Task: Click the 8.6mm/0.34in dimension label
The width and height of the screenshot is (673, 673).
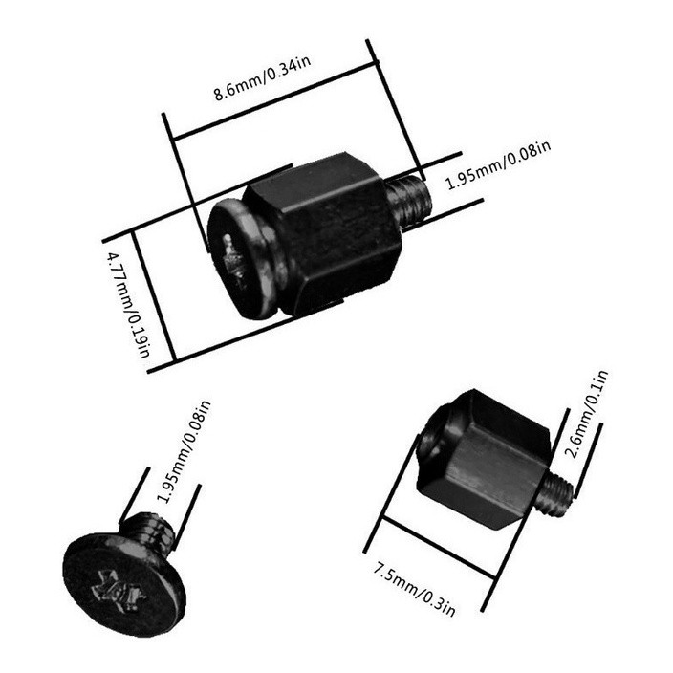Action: pos(261,79)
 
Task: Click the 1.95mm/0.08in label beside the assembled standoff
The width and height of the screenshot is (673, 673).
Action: pos(499,163)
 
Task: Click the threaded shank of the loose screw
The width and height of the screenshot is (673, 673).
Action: pos(149,530)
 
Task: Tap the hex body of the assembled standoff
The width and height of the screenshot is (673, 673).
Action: pos(330,229)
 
